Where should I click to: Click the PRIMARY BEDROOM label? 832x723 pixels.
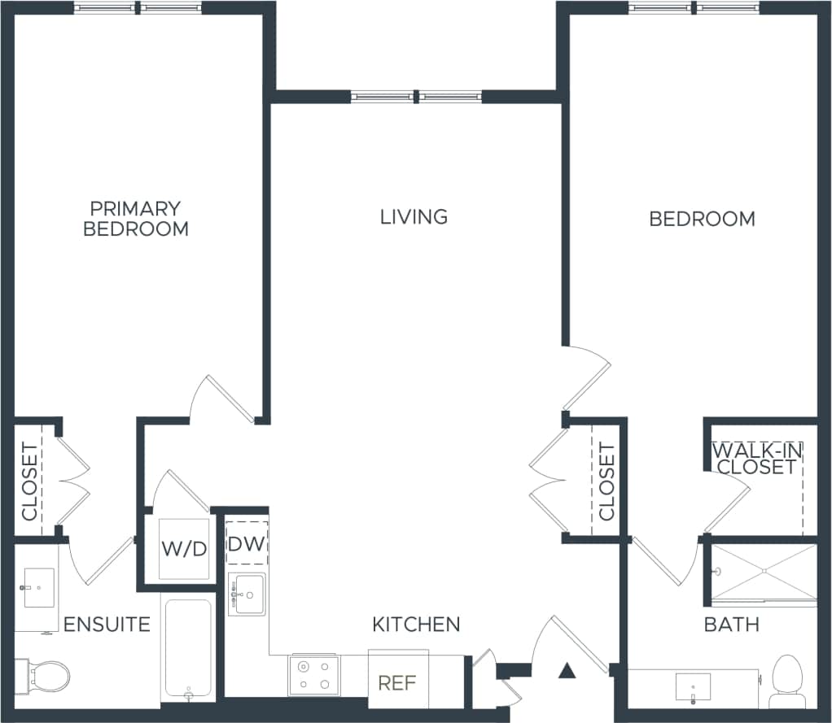(x=136, y=219)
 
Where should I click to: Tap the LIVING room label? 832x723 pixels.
(x=414, y=216)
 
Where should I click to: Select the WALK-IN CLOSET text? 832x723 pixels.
(x=754, y=459)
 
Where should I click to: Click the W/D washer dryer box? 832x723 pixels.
(x=184, y=548)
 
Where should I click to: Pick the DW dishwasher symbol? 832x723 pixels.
(x=247, y=543)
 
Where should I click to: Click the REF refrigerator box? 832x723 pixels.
(x=398, y=682)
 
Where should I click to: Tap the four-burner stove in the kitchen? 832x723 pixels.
(x=314, y=676)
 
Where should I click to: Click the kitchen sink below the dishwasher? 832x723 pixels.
(x=247, y=594)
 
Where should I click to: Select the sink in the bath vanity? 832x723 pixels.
(x=693, y=687)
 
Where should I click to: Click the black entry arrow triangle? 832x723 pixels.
(x=567, y=671)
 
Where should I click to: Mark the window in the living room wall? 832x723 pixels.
(x=417, y=97)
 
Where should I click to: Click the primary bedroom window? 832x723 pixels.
(x=138, y=8)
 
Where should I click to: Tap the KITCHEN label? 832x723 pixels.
(x=416, y=625)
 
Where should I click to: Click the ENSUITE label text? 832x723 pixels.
(x=107, y=625)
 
